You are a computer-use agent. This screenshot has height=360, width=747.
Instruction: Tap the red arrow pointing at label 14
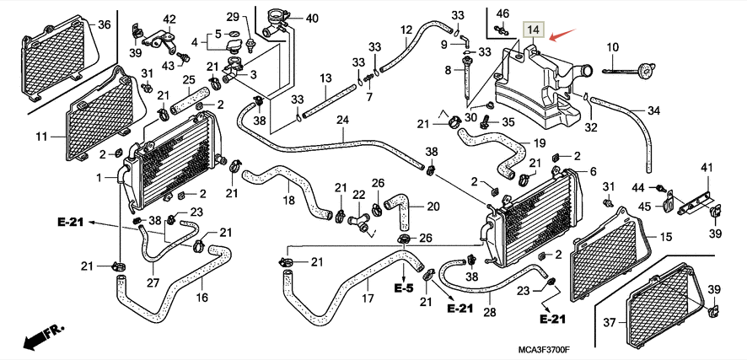click(x=562, y=35)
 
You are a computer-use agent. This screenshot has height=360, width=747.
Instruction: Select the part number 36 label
click(x=105, y=24)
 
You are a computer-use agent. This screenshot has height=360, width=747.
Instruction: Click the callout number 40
click(x=288, y=18)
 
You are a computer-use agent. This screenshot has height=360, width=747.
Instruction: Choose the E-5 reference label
click(x=403, y=287)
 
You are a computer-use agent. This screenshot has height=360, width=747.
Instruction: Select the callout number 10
click(x=612, y=46)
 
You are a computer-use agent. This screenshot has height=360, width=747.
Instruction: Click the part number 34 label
click(x=653, y=110)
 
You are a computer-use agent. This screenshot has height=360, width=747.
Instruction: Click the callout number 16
click(x=202, y=297)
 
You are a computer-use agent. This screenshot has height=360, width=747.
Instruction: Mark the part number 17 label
click(x=368, y=298)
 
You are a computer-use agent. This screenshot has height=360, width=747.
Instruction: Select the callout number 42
click(x=169, y=19)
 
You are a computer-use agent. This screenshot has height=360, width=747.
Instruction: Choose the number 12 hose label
click(x=406, y=30)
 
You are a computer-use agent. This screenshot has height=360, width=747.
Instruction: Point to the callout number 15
click(x=665, y=237)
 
